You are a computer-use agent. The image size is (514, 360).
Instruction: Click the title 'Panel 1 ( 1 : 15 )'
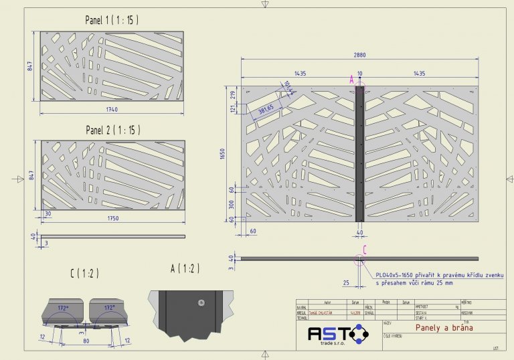[x=112, y=20]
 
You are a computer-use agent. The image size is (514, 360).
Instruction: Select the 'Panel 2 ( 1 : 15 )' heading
[x=112, y=129]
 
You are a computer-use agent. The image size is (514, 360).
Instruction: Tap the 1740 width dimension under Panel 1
[x=112, y=108]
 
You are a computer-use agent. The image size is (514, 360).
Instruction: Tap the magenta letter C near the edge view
[x=363, y=250]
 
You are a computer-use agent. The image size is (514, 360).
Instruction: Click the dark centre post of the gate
[x=359, y=153]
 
